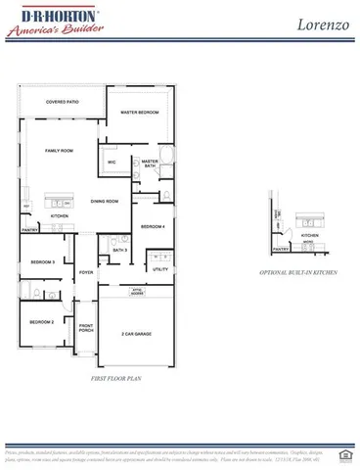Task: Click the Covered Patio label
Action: tap(62, 101)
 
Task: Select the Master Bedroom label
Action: tap(140, 113)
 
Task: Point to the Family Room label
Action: tap(60, 151)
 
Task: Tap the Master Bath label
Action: tap(150, 164)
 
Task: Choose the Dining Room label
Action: tap(105, 202)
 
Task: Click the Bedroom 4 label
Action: tap(152, 227)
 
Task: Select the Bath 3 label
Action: tap(119, 251)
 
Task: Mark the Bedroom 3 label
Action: tap(41, 262)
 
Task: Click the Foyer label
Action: tap(86, 272)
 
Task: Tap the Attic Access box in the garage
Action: tap(138, 293)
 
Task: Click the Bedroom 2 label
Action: tap(40, 322)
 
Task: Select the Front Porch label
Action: tap(86, 328)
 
